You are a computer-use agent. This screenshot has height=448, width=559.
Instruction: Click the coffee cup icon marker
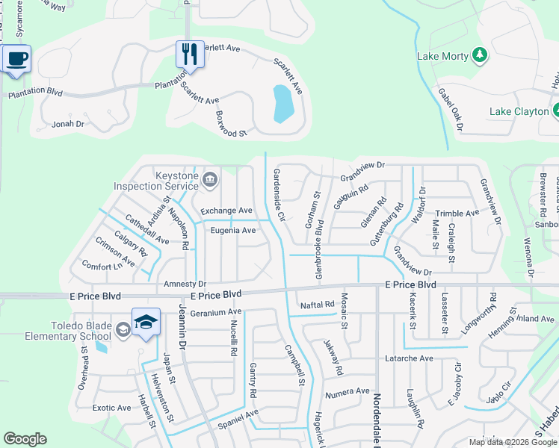pos(16,58)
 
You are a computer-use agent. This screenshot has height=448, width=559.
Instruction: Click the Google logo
pos(25,439)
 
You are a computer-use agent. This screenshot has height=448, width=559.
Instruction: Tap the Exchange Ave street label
pos(226,211)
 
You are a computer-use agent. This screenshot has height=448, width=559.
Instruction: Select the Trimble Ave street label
pos(457,213)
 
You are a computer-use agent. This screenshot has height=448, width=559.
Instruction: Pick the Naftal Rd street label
pos(316,305)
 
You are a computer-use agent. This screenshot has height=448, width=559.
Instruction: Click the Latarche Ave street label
pos(409,358)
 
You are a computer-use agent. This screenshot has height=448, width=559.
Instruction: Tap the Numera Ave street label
pos(347,391)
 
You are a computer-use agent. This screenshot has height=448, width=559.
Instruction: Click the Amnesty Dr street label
pos(184,284)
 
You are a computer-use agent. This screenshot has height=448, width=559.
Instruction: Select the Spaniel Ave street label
pos(238,413)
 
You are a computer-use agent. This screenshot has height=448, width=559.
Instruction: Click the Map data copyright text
pos(512,442)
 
